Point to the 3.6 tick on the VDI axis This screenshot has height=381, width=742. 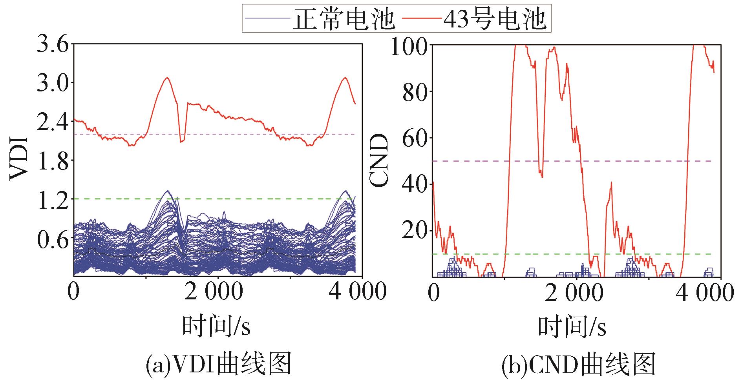pyautogui.click(x=53, y=44)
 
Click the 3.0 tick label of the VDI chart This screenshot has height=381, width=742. pyautogui.click(x=53, y=83)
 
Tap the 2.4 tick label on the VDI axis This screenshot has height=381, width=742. pyautogui.click(x=53, y=122)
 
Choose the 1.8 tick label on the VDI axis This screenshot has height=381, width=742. pyautogui.click(x=53, y=160)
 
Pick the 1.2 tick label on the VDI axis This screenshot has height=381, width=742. pyautogui.click(x=53, y=199)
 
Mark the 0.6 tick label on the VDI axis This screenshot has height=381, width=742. pyautogui.click(x=53, y=238)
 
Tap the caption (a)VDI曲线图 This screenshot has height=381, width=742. pyautogui.click(x=218, y=364)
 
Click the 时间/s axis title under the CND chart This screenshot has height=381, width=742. pyautogui.click(x=572, y=327)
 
